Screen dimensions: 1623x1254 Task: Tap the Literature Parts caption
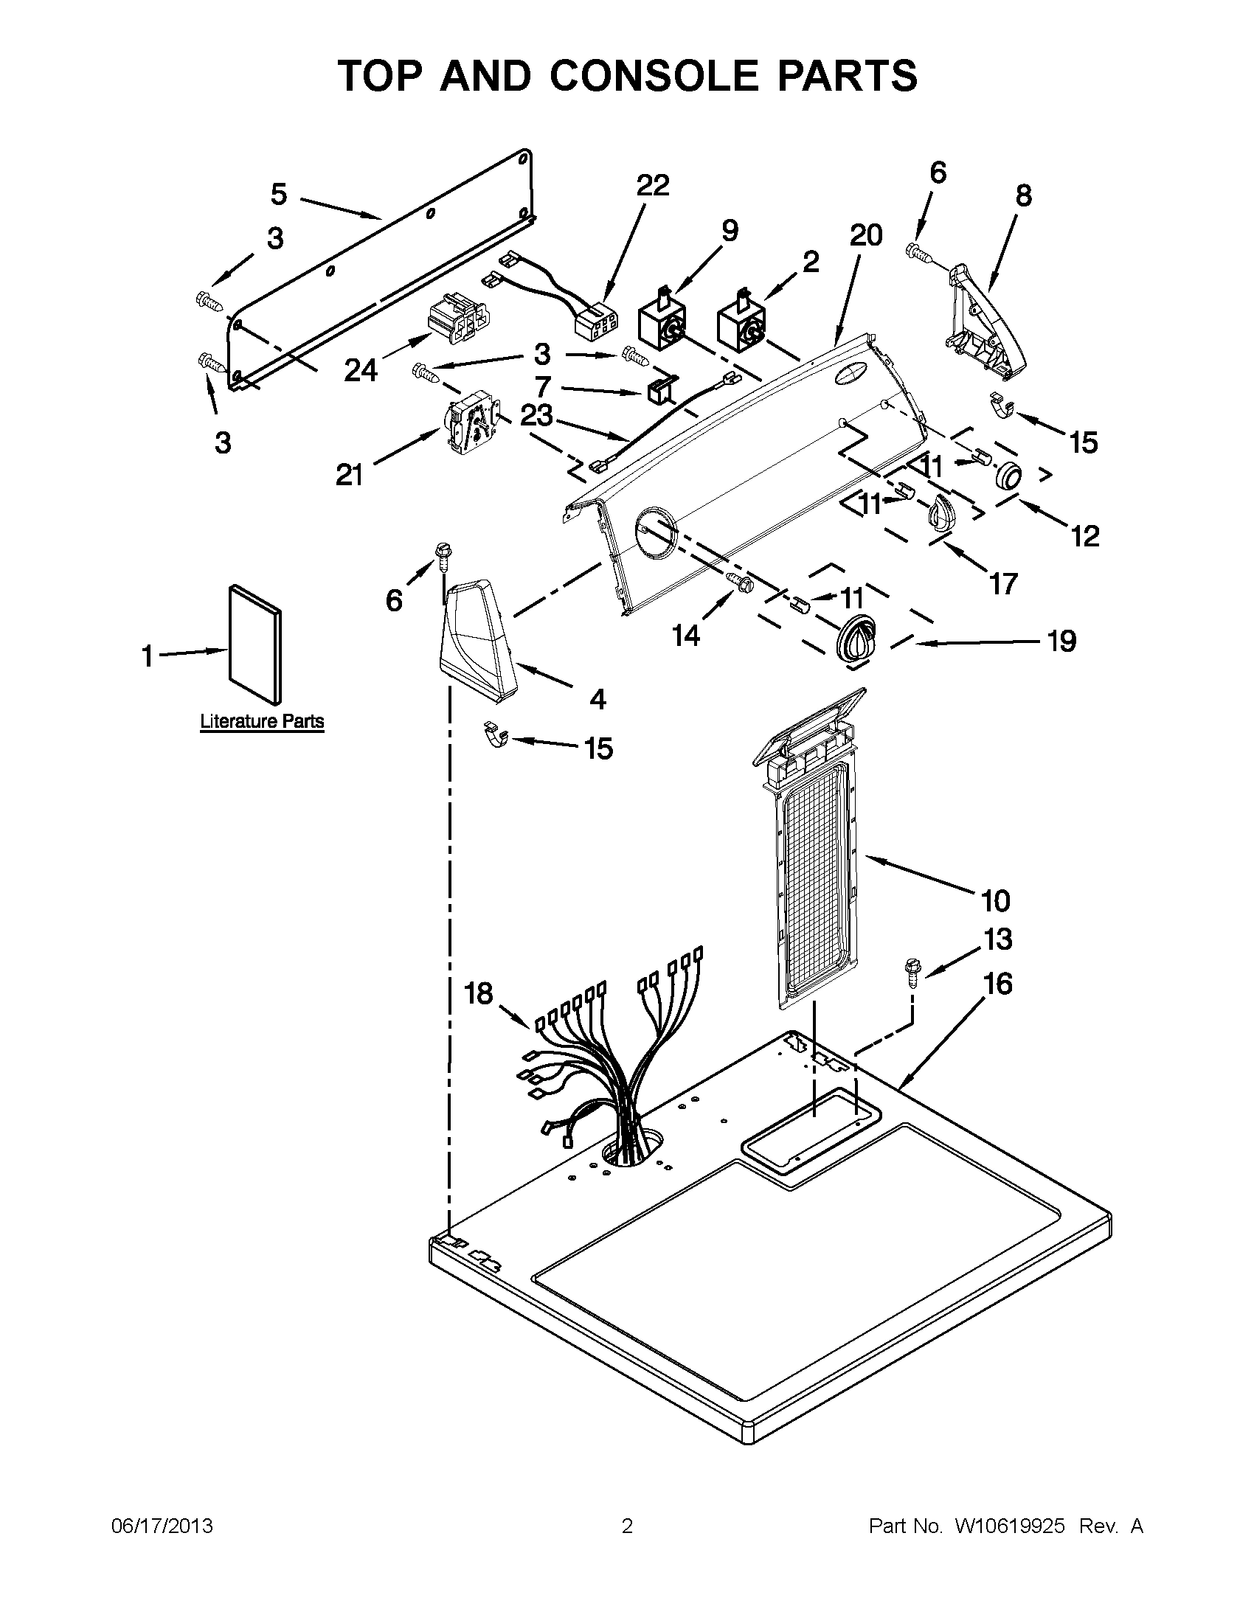[262, 721]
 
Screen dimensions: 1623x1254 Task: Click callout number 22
[652, 185]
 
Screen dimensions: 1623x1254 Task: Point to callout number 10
[995, 900]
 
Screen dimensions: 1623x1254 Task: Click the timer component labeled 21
[470, 425]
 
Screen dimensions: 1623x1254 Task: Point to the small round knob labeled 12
[1008, 474]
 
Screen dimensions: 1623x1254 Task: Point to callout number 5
[278, 194]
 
